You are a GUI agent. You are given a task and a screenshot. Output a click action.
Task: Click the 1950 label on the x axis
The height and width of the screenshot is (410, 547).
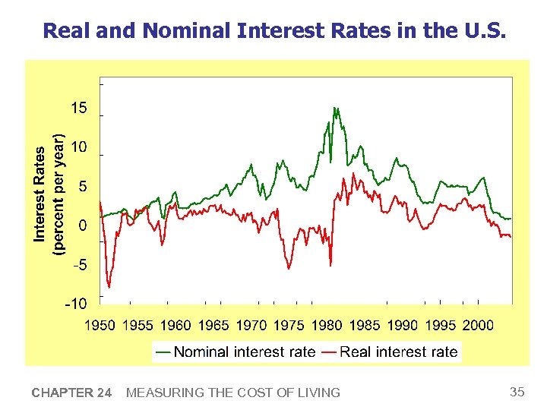[x=100, y=325]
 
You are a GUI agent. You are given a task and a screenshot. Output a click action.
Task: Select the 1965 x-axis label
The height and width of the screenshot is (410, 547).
[x=213, y=325]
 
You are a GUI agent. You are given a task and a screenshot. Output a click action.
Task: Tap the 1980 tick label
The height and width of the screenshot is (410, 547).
[x=327, y=325]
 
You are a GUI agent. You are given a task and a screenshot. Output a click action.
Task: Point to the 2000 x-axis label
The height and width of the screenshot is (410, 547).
[x=478, y=325]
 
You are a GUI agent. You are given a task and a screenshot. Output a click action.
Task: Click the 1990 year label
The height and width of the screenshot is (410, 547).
[x=403, y=325]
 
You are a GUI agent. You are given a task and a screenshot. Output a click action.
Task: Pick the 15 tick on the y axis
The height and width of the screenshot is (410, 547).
[x=79, y=109]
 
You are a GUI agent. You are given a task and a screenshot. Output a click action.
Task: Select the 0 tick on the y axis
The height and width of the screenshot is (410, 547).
[x=83, y=225]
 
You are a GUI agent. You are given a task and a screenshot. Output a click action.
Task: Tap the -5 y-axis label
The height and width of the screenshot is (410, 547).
[x=79, y=265]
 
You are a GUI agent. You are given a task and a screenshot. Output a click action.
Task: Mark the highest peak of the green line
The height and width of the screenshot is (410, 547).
[x=335, y=109]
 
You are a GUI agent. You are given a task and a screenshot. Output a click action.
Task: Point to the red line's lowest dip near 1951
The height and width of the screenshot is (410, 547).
[x=109, y=286]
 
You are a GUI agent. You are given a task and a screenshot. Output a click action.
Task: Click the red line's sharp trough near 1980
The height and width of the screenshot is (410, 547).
[x=330, y=264]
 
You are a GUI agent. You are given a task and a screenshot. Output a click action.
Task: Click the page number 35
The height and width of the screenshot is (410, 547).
[x=517, y=392]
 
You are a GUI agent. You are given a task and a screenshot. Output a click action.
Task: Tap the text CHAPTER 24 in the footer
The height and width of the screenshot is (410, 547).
[x=71, y=393]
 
